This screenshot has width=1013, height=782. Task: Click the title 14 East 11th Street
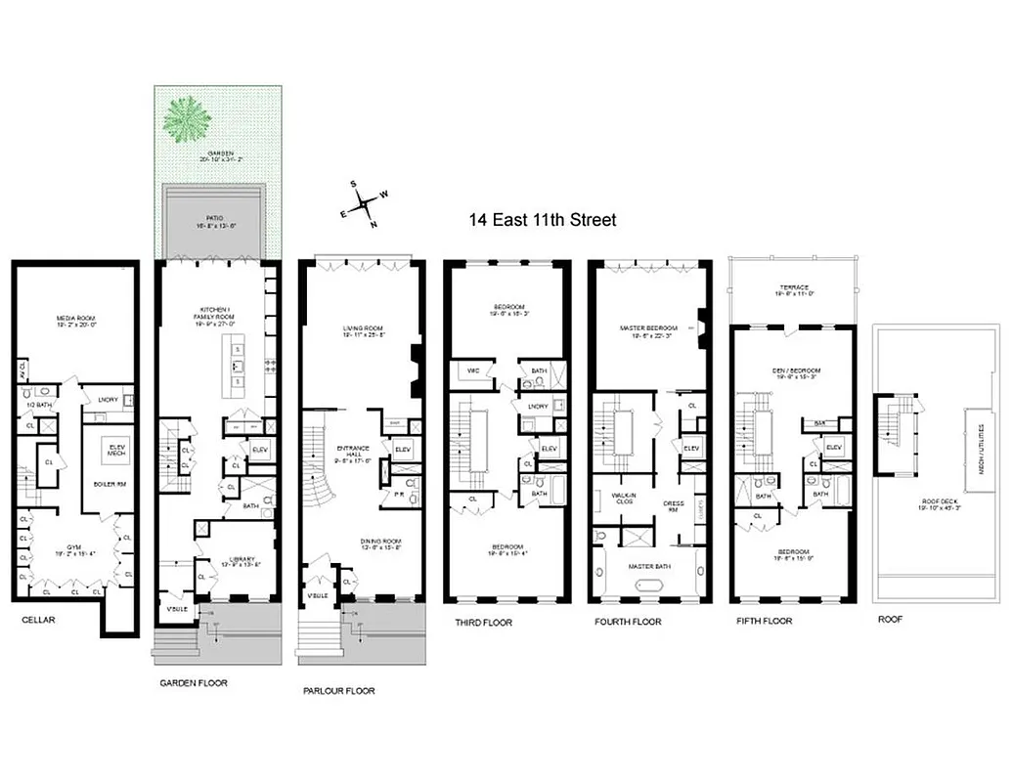coord(542,220)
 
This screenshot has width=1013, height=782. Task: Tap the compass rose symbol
coord(366,203)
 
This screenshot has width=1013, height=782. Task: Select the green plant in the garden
coord(186,119)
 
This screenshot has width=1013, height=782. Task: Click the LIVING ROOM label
coord(361,329)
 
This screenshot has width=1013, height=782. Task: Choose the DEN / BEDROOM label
coord(793,371)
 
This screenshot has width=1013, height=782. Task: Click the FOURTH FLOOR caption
coord(628,622)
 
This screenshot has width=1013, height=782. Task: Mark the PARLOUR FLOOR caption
coord(338,690)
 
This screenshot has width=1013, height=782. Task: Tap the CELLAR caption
coord(38,620)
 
